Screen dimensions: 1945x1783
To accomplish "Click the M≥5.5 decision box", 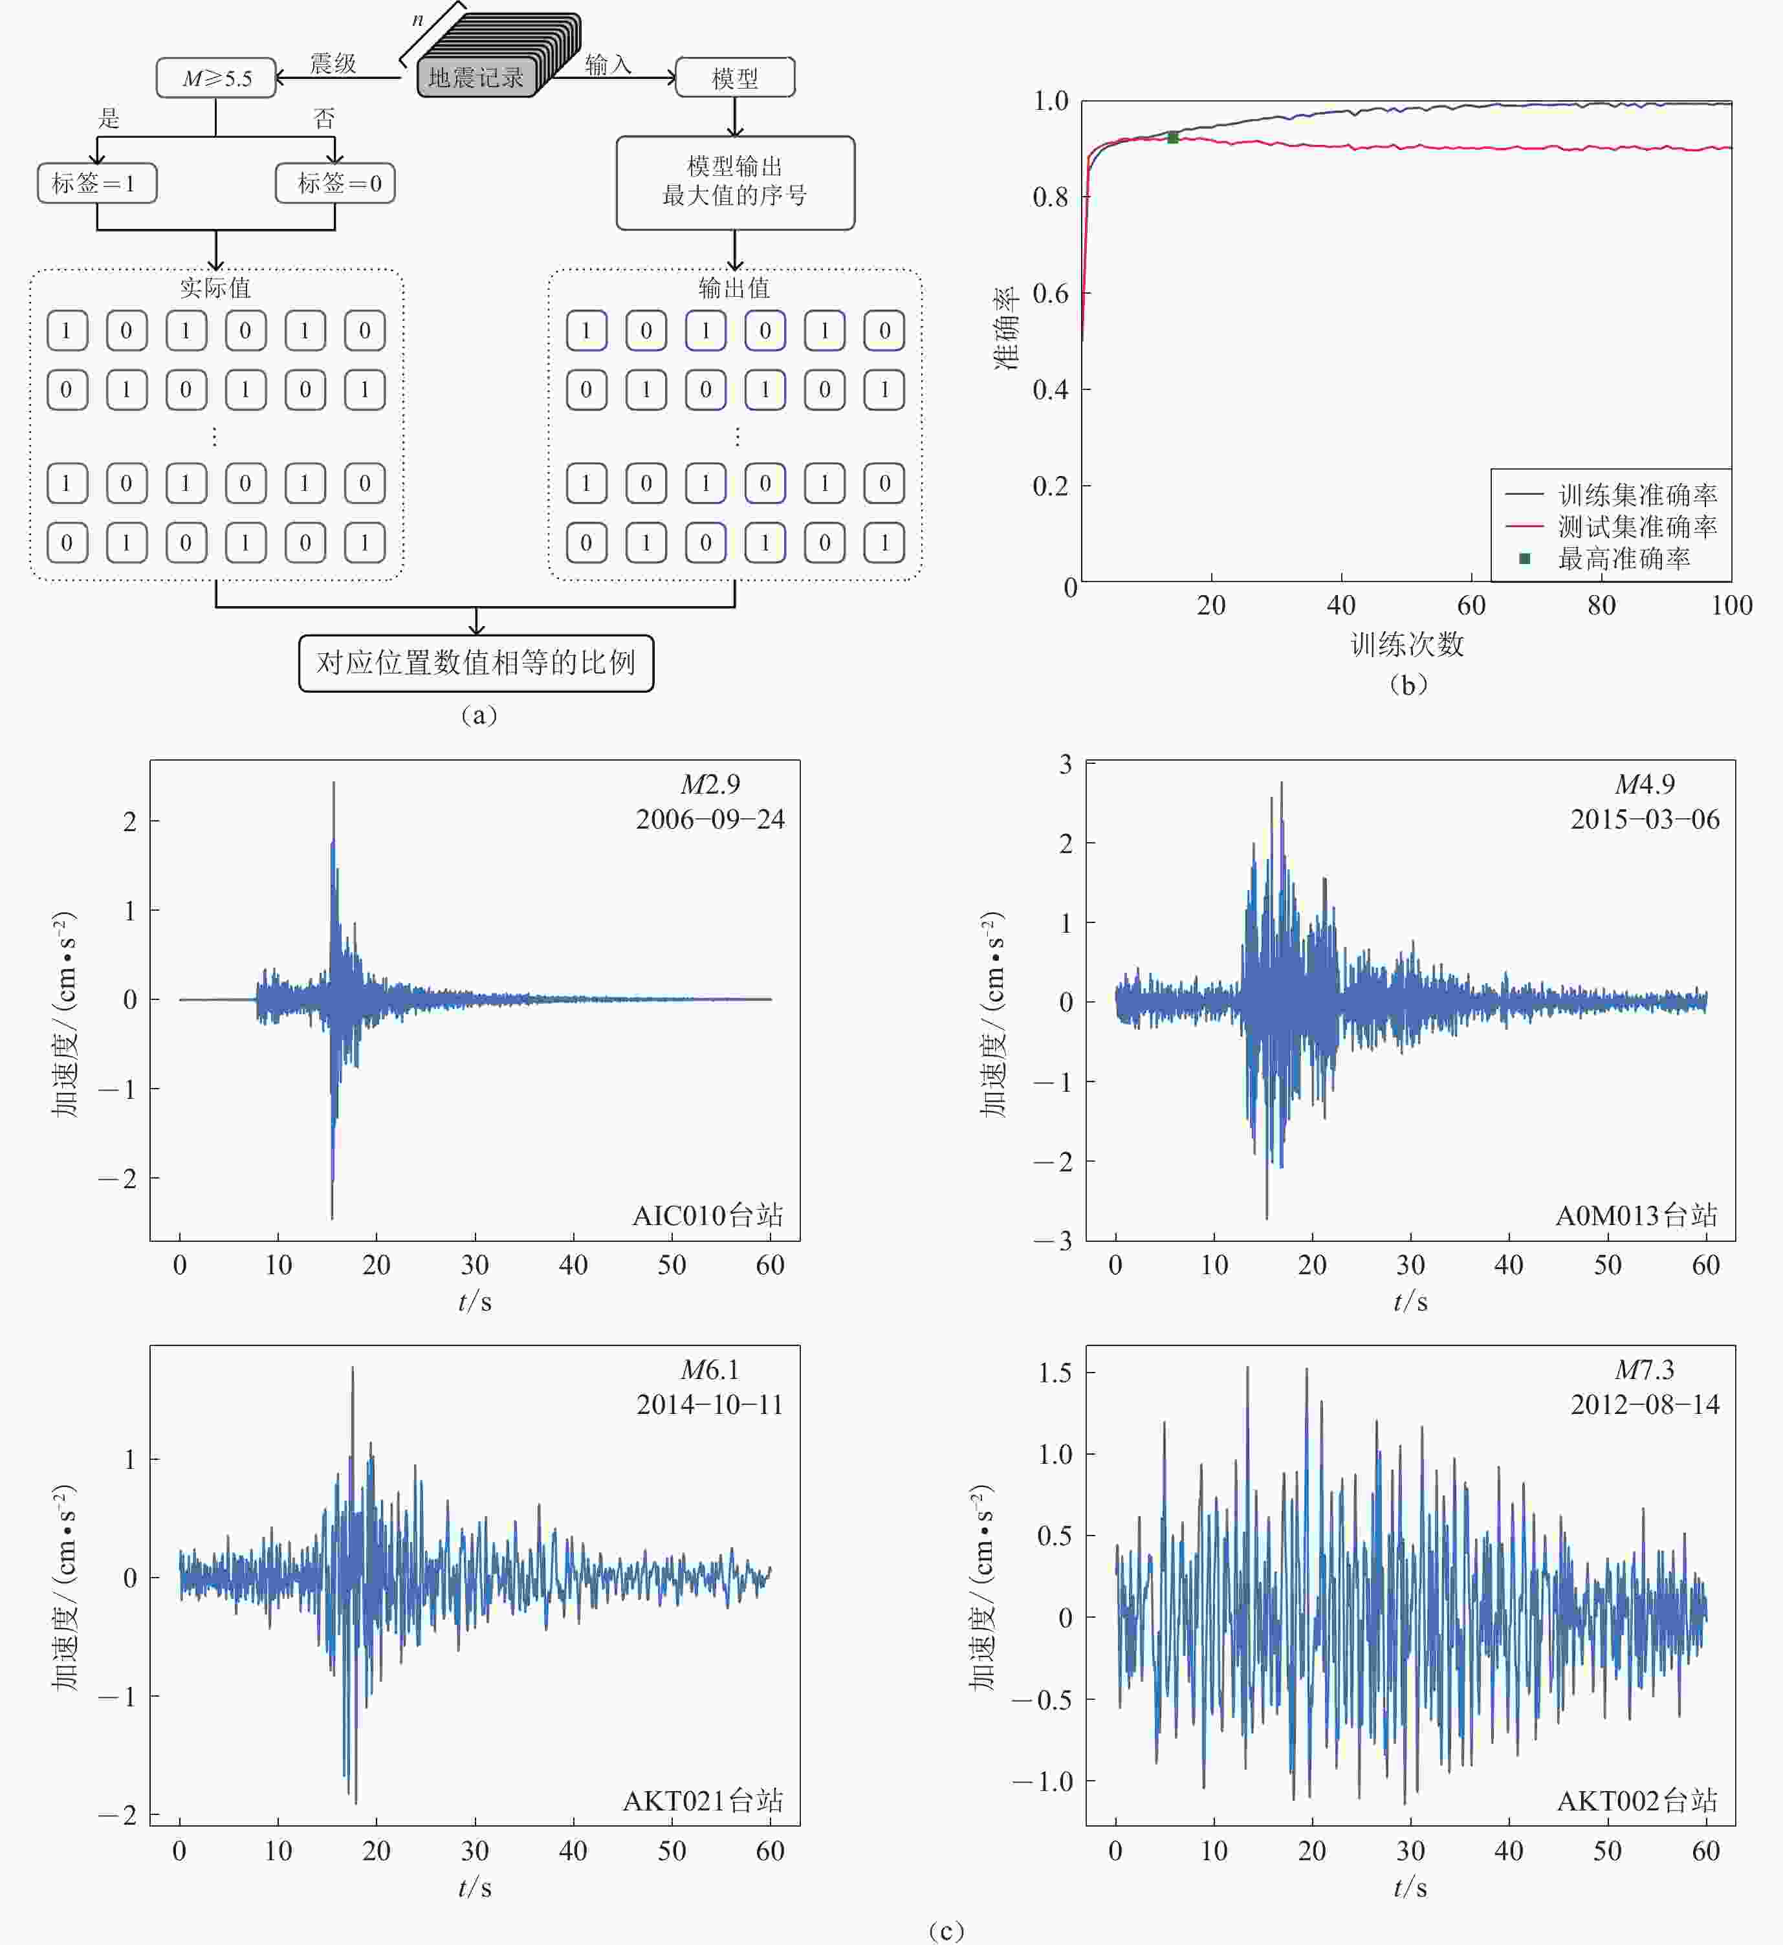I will tap(216, 78).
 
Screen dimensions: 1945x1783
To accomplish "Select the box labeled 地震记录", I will tap(476, 77).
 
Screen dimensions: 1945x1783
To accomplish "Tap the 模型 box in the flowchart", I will tap(735, 78).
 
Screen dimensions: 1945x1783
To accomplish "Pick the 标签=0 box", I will tap(334, 183).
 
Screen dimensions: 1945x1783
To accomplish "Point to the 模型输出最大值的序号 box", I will tap(735, 182).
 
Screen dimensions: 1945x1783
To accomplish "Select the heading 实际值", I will tap(215, 287).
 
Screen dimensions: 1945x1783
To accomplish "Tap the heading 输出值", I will tap(734, 287).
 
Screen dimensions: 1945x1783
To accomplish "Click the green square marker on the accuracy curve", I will tap(1172, 138).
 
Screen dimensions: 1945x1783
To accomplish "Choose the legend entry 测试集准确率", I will tap(1636, 527).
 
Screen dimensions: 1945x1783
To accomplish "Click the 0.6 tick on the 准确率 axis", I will tap(1051, 293).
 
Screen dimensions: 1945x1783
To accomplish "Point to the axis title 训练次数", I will tap(1406, 644).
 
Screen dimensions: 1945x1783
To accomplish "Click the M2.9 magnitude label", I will tap(710, 785).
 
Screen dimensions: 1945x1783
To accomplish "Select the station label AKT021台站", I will tap(703, 1801).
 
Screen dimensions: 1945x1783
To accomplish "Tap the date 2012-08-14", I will tap(1644, 1405).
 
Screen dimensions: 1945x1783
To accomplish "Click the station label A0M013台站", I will tap(1636, 1215).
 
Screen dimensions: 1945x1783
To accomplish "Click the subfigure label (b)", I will tap(1408, 685).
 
